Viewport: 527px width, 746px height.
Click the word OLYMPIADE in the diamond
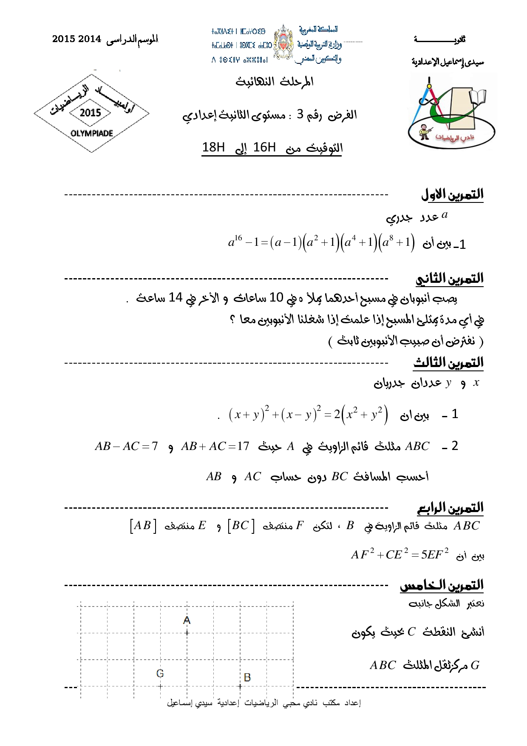(92, 134)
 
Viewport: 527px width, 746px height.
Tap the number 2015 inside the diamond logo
(90, 113)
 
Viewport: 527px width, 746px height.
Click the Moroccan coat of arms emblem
(283, 43)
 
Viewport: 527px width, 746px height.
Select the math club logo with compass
(451, 112)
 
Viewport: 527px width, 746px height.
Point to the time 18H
(213, 147)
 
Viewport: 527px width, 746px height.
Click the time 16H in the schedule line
(264, 147)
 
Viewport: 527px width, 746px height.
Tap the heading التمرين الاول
(452, 194)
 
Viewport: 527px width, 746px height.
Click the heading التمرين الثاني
(449, 279)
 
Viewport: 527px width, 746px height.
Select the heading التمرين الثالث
(448, 362)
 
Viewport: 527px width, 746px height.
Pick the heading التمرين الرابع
(450, 507)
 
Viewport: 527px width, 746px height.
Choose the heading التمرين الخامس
(442, 585)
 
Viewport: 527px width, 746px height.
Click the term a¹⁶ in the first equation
(235, 242)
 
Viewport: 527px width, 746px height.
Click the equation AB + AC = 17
(215, 446)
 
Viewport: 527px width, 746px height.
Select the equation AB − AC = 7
(126, 446)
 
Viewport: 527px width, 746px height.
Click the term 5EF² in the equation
(434, 554)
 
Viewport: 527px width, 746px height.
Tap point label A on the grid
(187, 621)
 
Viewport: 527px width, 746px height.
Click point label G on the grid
(160, 673)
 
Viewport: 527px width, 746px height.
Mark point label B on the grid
(247, 677)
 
